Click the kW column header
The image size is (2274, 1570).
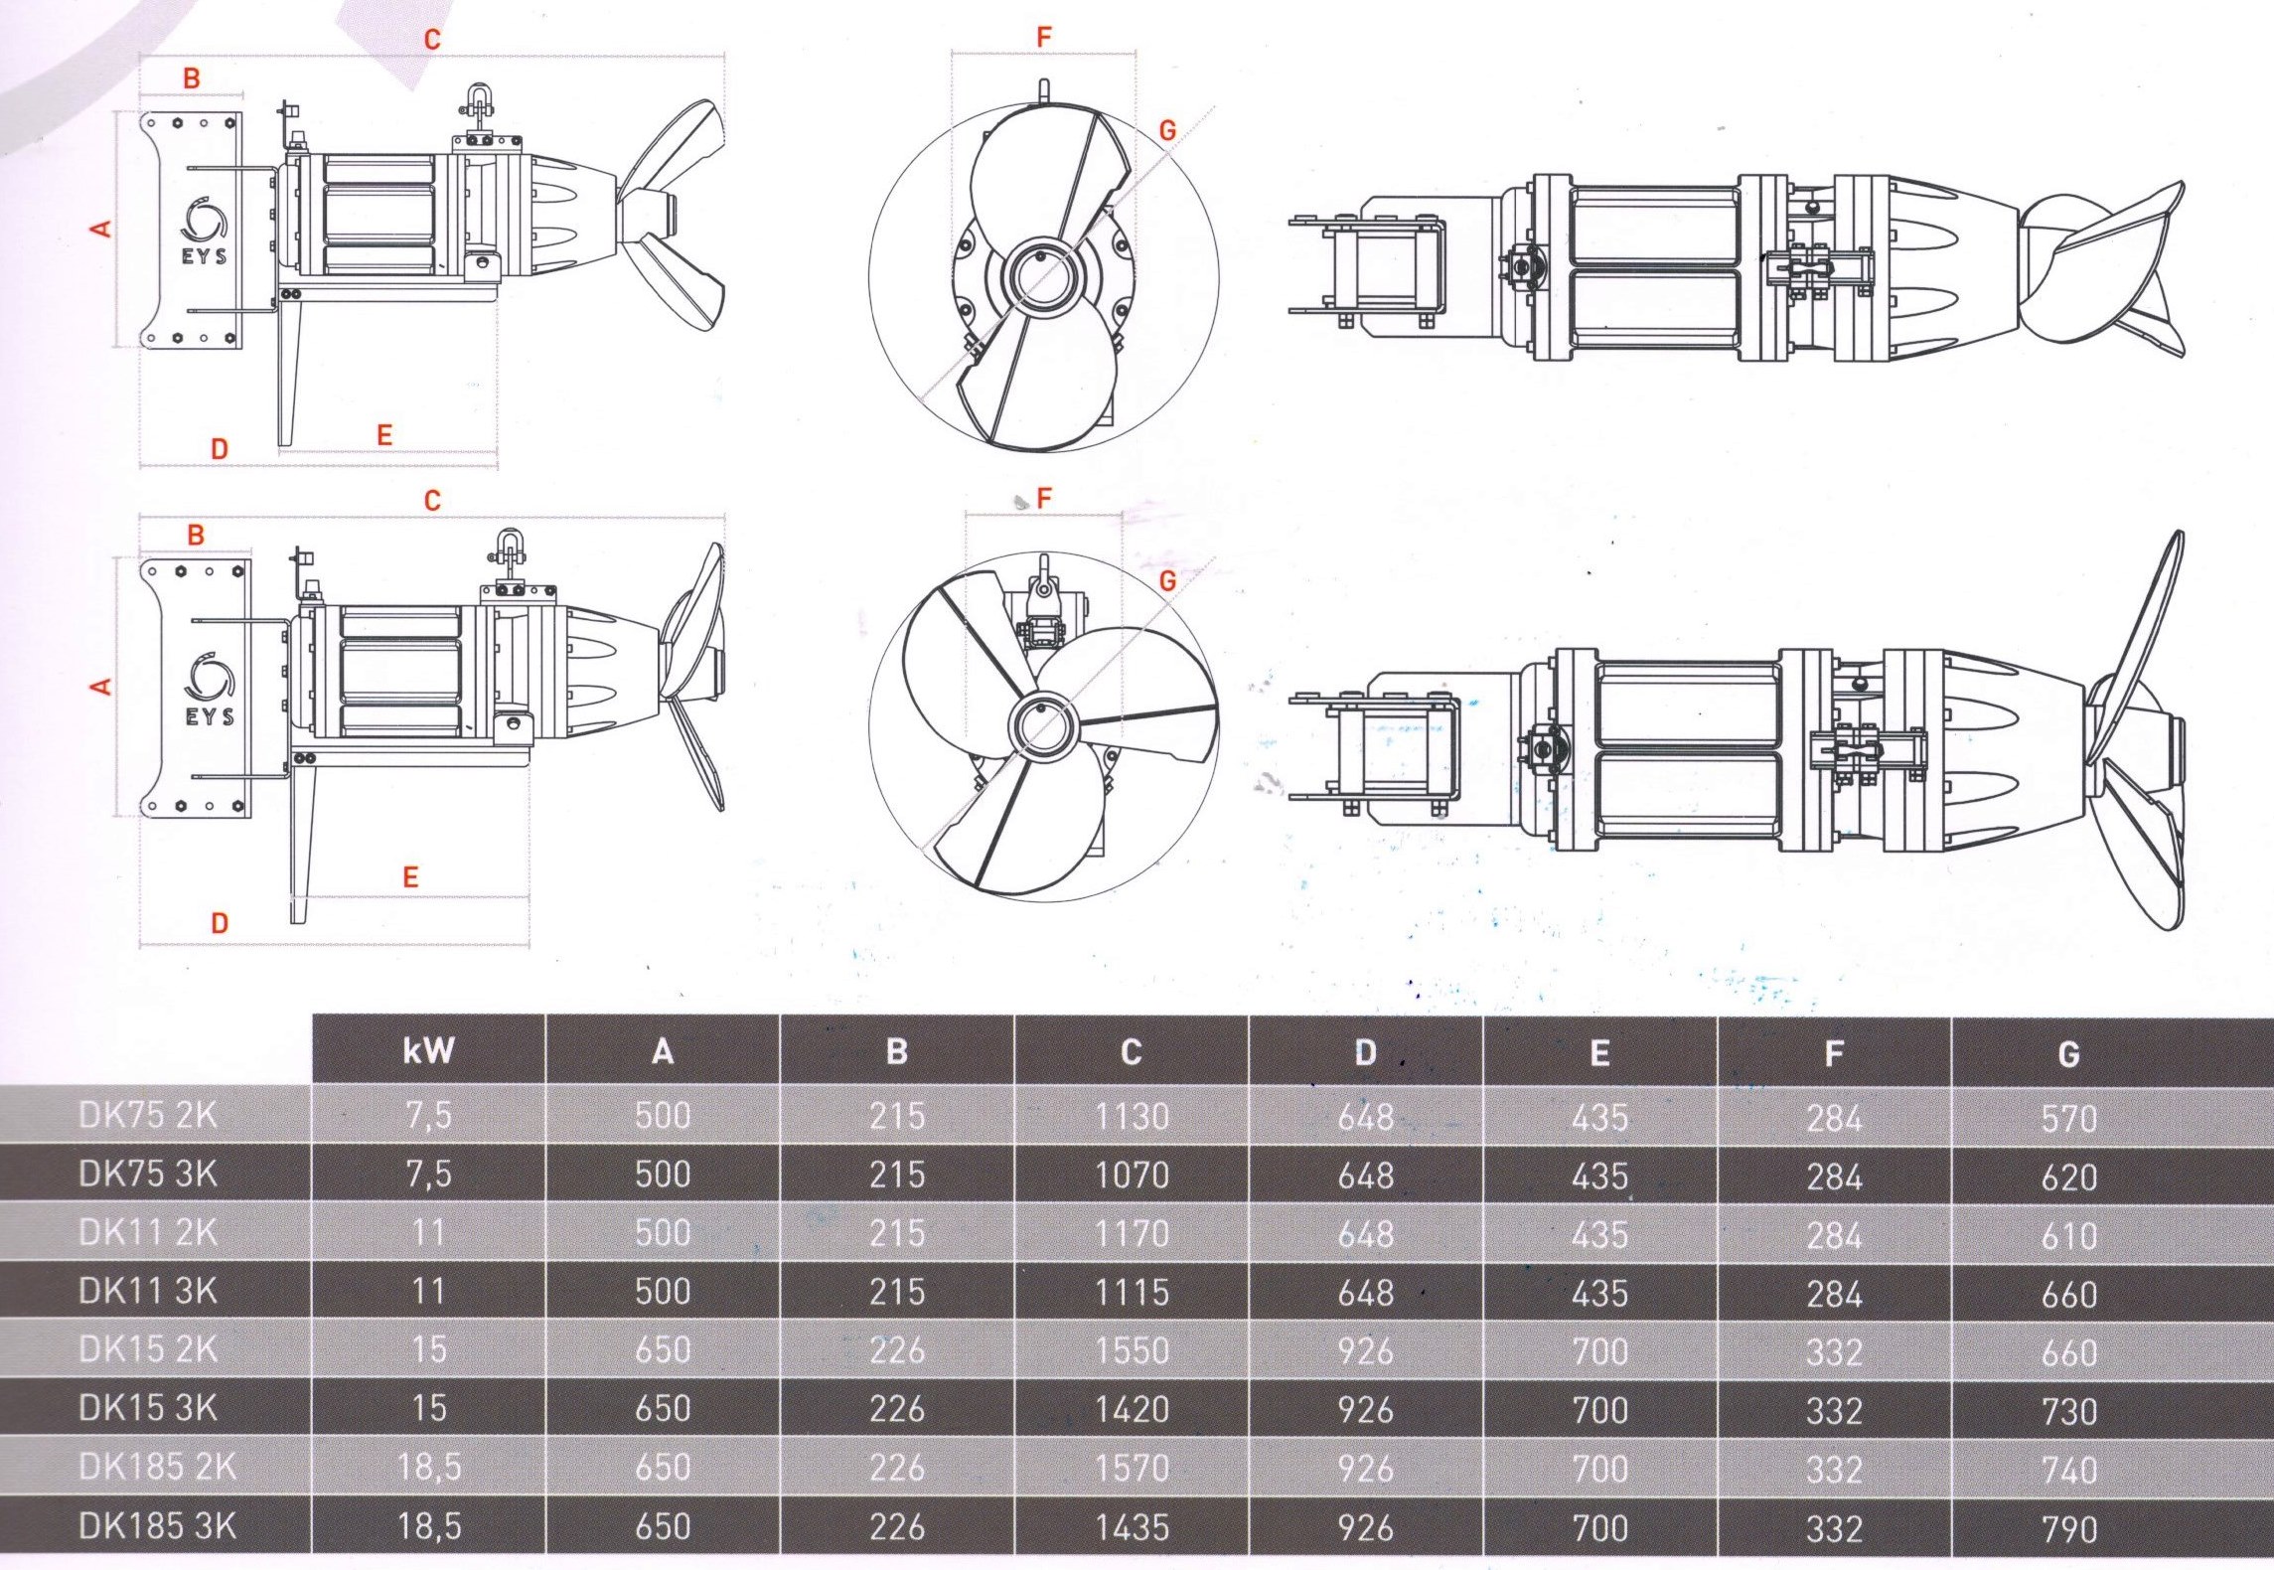click(x=428, y=1050)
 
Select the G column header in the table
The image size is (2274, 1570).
click(x=2068, y=1053)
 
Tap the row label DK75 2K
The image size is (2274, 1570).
click(x=147, y=1115)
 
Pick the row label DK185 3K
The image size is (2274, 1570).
click(x=157, y=1525)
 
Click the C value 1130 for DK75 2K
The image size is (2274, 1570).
click(x=1132, y=1116)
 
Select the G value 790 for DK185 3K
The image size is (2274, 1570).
click(x=2068, y=1528)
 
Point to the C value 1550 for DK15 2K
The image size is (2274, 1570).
click(x=1132, y=1350)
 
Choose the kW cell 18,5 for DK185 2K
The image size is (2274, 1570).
click(x=429, y=1467)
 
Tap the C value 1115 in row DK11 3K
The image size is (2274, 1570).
click(x=1132, y=1292)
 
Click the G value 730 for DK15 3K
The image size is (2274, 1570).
click(x=2068, y=1411)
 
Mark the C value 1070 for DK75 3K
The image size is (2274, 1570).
click(x=1132, y=1175)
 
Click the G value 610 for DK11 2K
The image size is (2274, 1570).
click(x=2068, y=1235)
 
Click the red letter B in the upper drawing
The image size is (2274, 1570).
click(x=192, y=78)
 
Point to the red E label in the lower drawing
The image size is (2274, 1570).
click(x=410, y=876)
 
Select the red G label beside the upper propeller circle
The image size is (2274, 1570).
click(x=1167, y=129)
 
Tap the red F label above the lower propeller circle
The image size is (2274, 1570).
click(x=1043, y=499)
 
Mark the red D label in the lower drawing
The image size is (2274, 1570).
click(x=220, y=922)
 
